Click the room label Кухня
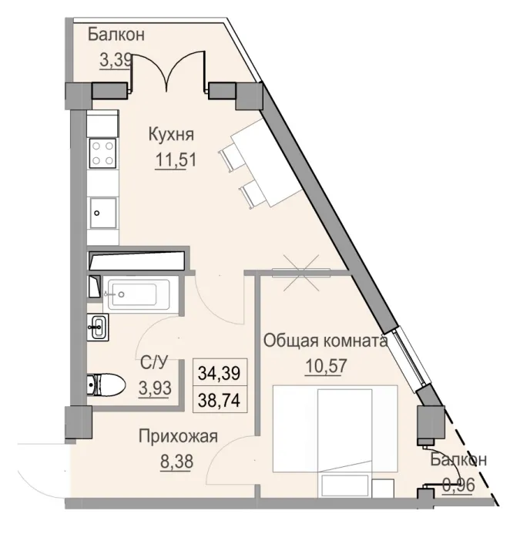click(x=171, y=135)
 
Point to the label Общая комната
click(x=324, y=341)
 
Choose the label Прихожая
click(x=178, y=437)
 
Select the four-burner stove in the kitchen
click(x=103, y=153)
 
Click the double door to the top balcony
click(x=169, y=75)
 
